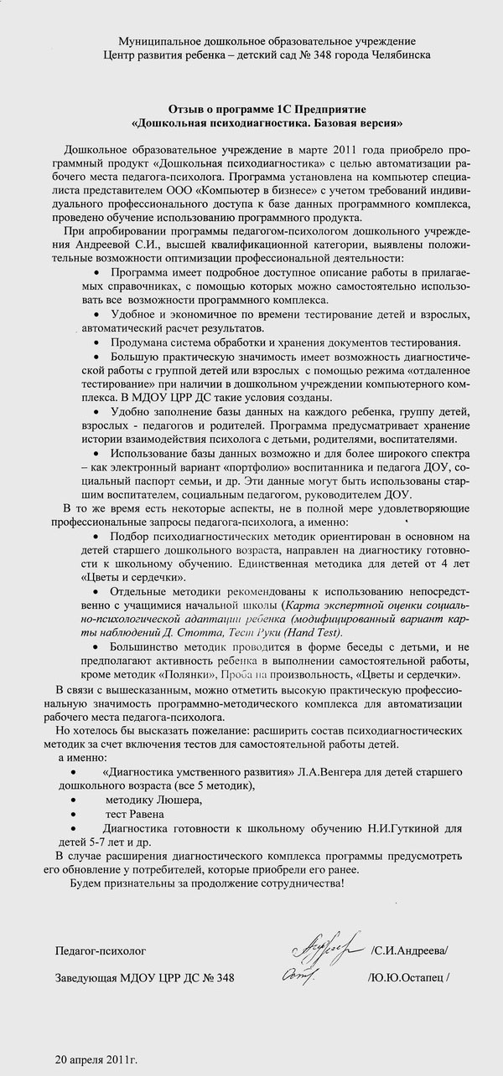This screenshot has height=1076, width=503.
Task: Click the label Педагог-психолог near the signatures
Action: point(100,951)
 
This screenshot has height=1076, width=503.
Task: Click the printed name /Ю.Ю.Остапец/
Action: point(407,978)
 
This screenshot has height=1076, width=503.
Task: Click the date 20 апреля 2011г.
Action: point(96,1059)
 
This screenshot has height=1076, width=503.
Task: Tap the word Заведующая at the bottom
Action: point(87,978)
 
